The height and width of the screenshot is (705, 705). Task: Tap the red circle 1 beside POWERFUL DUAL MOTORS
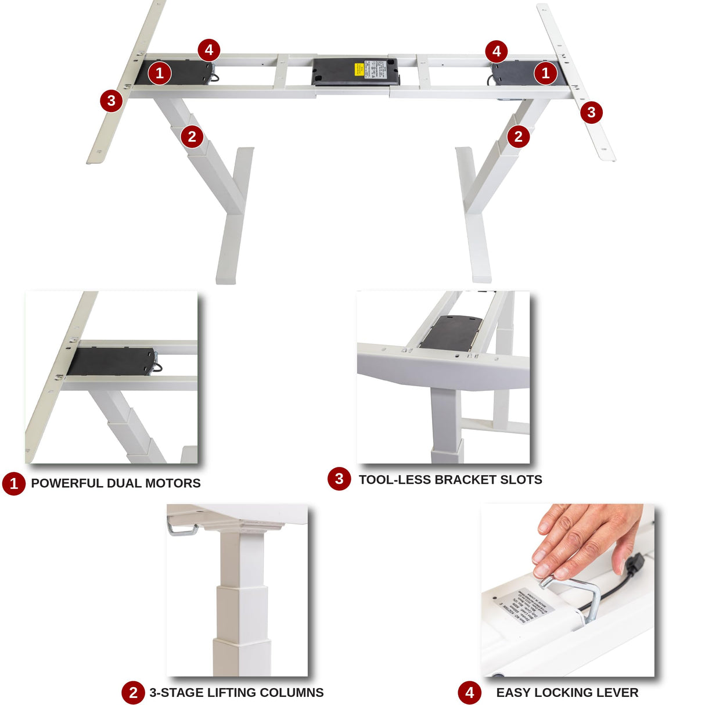click(14, 483)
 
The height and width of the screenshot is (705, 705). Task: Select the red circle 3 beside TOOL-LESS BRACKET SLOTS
click(339, 479)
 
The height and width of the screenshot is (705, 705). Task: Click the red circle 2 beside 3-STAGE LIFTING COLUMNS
click(133, 692)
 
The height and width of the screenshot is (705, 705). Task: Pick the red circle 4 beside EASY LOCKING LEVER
click(469, 692)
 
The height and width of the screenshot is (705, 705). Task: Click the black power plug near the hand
click(635, 562)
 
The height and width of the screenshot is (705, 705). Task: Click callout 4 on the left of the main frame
click(209, 50)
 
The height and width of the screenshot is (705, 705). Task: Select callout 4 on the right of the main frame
click(496, 52)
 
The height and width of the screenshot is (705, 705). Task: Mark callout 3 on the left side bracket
click(111, 100)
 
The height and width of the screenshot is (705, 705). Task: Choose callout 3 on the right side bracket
click(591, 111)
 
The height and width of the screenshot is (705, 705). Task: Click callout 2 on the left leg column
click(192, 137)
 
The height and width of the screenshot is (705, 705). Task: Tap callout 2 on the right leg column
click(518, 136)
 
